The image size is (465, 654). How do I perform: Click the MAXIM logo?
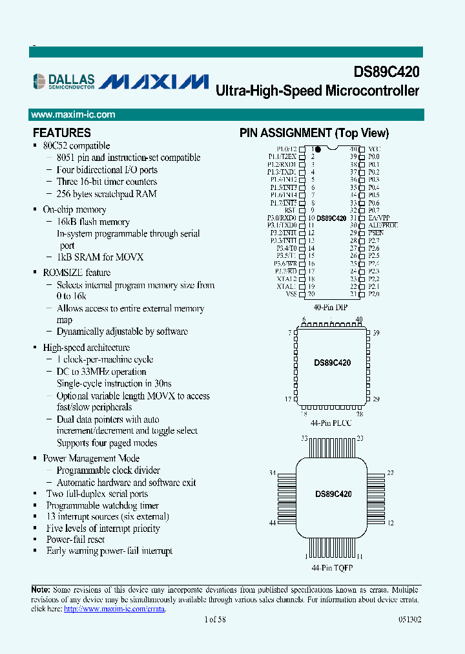click(155, 81)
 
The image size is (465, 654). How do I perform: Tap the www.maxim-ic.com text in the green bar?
click(74, 114)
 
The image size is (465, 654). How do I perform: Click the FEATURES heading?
click(62, 133)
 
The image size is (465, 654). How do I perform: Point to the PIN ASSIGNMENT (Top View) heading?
click(315, 133)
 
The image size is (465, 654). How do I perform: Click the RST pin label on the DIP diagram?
click(290, 210)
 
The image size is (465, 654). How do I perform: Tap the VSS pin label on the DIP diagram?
click(290, 294)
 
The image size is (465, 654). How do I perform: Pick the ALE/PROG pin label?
click(383, 225)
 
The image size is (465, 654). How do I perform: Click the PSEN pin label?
click(375, 233)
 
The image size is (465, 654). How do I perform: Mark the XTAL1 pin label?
click(286, 286)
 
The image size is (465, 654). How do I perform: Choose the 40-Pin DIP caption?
click(330, 307)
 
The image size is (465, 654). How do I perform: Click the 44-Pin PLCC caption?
click(331, 423)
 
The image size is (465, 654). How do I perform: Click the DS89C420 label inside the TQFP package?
click(333, 494)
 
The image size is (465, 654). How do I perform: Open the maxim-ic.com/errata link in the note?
click(114, 609)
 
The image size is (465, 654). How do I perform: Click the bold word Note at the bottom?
click(40, 589)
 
